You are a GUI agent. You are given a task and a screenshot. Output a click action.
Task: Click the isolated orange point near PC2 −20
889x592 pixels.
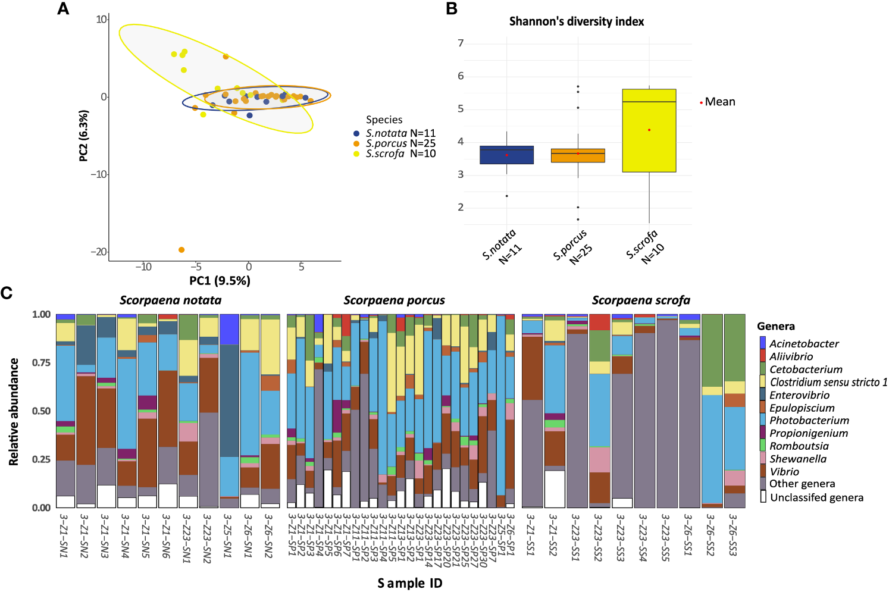pyautogui.click(x=181, y=250)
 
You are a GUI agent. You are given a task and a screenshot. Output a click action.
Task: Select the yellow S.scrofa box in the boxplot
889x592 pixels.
pyautogui.click(x=649, y=131)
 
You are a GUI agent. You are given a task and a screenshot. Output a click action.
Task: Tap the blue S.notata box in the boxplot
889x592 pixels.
pyautogui.click(x=506, y=155)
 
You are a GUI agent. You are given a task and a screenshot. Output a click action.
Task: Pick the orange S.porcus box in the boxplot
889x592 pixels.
pyautogui.click(x=578, y=156)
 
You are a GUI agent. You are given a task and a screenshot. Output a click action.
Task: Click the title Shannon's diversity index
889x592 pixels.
pyautogui.click(x=576, y=21)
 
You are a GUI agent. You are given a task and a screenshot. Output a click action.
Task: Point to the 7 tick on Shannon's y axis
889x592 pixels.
pyautogui.click(x=461, y=43)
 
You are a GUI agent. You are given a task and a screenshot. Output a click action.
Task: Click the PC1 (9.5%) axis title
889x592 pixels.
pyautogui.click(x=220, y=281)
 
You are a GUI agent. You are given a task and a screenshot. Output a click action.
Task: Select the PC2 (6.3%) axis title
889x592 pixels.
pyautogui.click(x=83, y=136)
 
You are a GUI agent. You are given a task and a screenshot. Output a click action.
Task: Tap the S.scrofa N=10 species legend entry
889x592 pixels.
pyautogui.click(x=400, y=154)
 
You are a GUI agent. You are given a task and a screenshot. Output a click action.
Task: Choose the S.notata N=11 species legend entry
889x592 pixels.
pyautogui.click(x=400, y=133)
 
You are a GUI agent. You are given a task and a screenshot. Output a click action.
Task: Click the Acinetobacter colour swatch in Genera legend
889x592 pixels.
pyautogui.click(x=763, y=343)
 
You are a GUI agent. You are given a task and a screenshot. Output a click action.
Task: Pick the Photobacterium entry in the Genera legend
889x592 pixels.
pyautogui.click(x=809, y=421)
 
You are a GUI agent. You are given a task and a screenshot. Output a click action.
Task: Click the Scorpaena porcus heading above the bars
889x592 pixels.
pyautogui.click(x=394, y=300)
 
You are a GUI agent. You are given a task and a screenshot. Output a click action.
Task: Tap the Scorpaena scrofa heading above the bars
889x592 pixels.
pyautogui.click(x=641, y=300)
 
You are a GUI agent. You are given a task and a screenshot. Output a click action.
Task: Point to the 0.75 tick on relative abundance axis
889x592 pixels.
pyautogui.click(x=41, y=362)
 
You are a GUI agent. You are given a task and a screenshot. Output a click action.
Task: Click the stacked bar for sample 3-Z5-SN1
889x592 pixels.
pyautogui.click(x=229, y=411)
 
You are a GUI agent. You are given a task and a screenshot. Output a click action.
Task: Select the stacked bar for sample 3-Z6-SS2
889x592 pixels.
pyautogui.click(x=712, y=411)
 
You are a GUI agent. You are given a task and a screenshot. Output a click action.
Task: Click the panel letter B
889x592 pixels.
pyautogui.click(x=452, y=9)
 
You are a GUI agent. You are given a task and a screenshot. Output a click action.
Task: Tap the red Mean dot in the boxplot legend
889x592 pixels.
pyautogui.click(x=702, y=103)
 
